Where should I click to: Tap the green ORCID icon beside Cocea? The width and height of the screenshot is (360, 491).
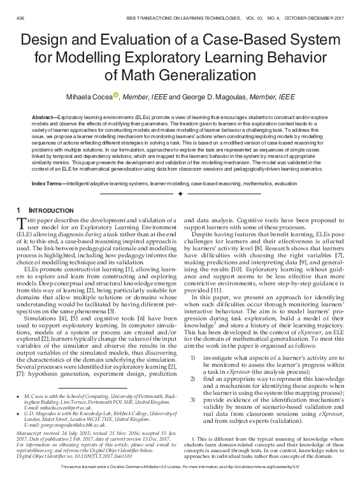[116, 95]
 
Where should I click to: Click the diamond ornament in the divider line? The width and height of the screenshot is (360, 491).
[180, 193]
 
